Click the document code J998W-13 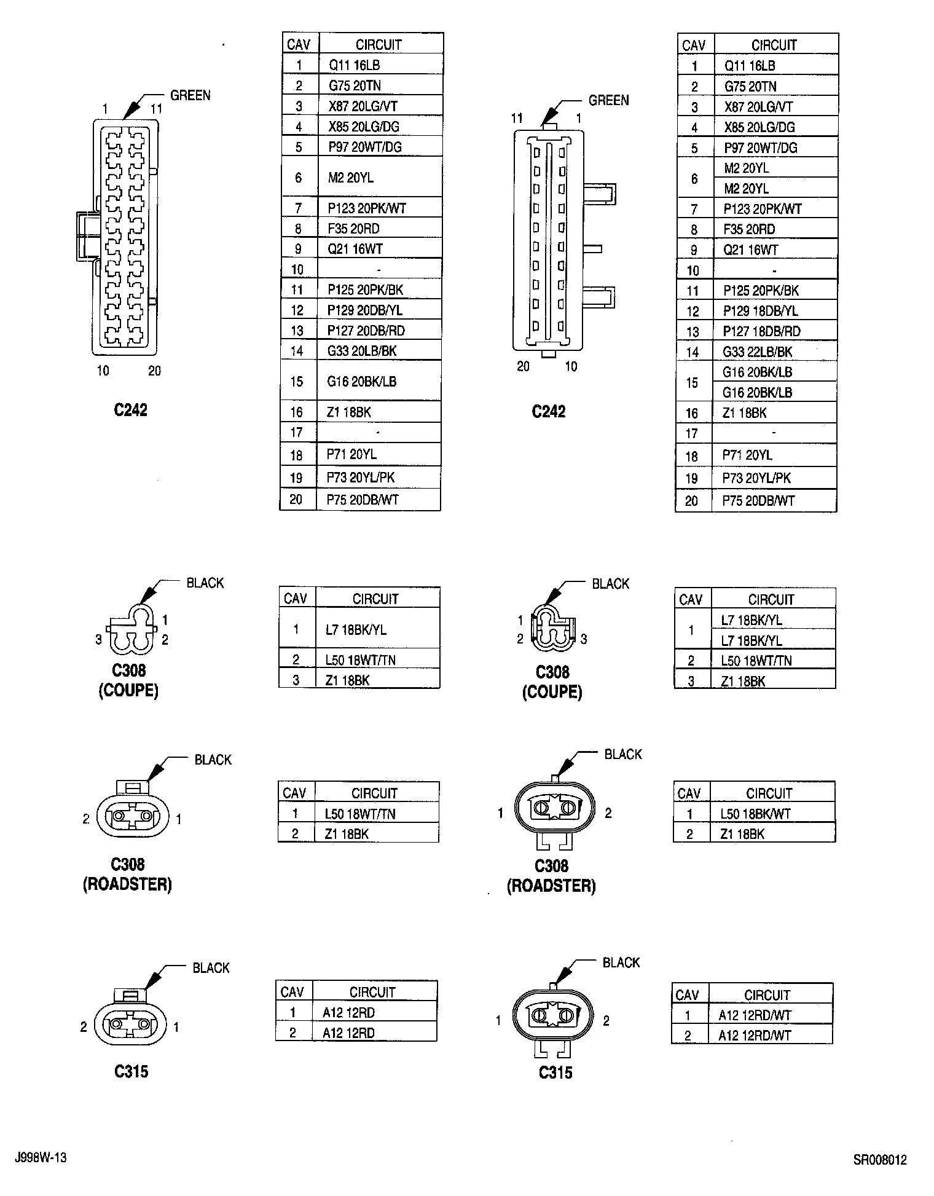(40, 1158)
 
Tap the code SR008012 (879, 1160)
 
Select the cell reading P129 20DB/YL (365, 310)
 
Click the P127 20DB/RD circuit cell (366, 331)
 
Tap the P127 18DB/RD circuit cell (761, 331)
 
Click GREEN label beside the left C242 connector (190, 95)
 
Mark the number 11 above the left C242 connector (156, 109)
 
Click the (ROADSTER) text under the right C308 (551, 886)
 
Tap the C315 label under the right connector (555, 1072)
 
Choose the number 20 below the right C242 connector (523, 366)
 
